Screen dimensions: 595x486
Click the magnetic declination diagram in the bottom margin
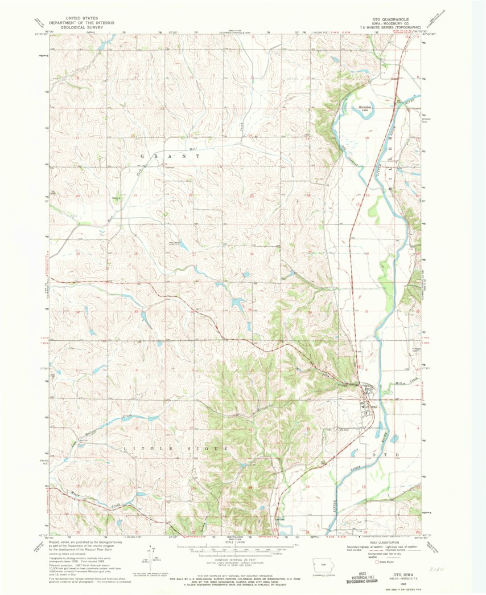[156, 556]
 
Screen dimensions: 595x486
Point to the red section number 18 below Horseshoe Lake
[367, 138]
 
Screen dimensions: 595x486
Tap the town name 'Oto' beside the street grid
[374, 407]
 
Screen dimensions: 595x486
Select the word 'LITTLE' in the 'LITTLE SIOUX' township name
[141, 449]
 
